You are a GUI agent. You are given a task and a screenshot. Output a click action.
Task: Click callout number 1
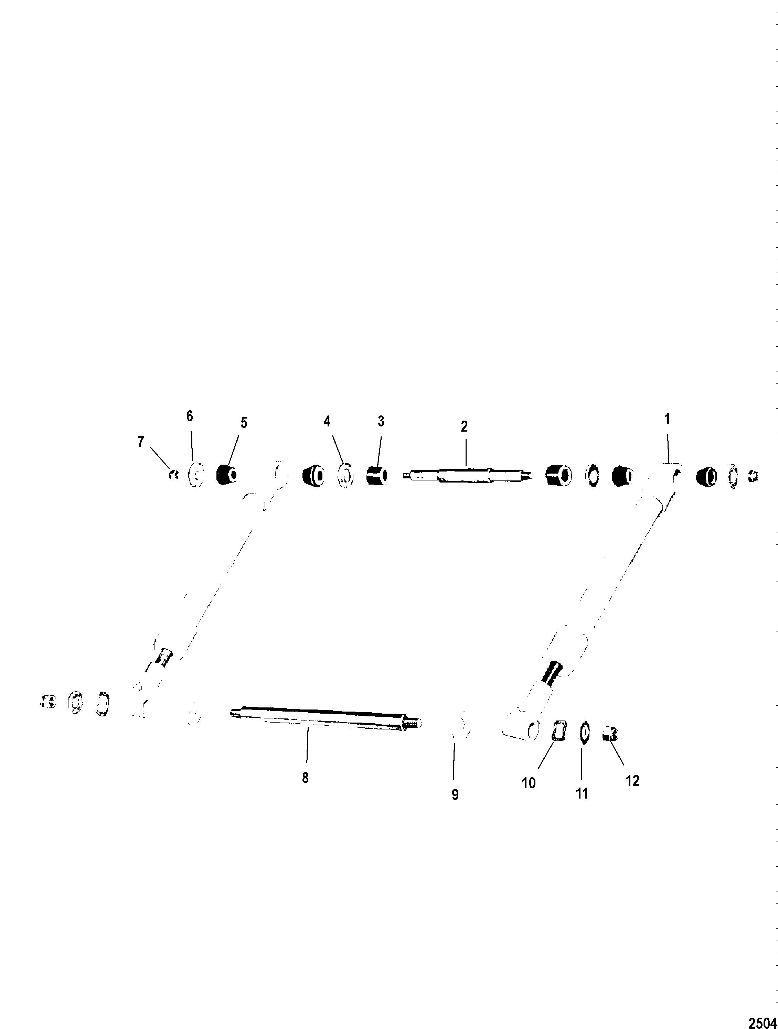(x=667, y=420)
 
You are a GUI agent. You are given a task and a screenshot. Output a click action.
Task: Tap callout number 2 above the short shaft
(x=464, y=426)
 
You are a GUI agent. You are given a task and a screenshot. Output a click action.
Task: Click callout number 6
(x=189, y=416)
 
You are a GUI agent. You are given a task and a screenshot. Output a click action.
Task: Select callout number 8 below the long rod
(x=305, y=778)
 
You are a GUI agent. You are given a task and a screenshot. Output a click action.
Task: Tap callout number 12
(x=633, y=781)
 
